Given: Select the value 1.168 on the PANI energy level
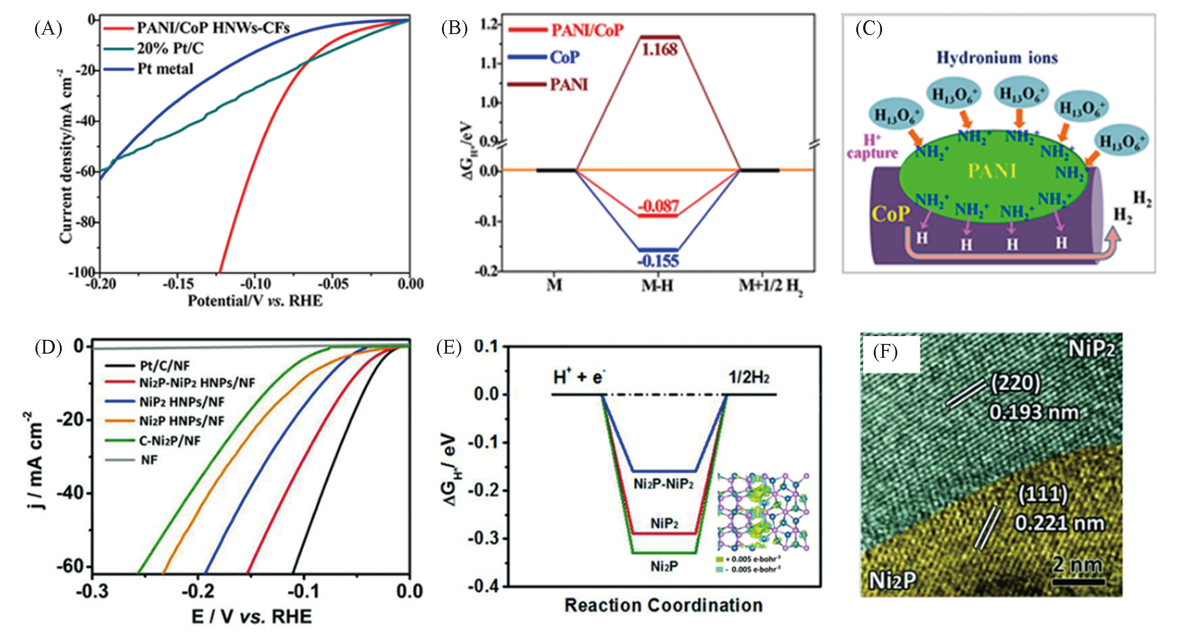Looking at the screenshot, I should pos(659,50).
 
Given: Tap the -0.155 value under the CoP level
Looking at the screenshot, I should pos(658,261).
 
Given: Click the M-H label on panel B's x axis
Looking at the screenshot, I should pos(658,286).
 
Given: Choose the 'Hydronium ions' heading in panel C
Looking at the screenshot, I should pos(997,58).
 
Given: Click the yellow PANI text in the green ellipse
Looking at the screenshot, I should pos(992,171).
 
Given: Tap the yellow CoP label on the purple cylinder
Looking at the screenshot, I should pos(891,214).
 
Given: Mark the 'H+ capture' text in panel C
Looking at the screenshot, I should pos(872,147).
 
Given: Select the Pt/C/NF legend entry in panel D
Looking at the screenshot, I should pos(165,366).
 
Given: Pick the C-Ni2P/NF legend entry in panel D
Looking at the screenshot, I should pos(170,441).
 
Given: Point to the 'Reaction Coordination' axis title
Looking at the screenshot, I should pos(664,605).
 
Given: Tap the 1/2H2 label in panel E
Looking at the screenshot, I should pos(749,378).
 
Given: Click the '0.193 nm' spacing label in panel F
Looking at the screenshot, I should pos(1034,412).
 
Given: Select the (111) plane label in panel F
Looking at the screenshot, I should pos(1042,495).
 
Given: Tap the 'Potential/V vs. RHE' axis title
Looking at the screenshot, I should pos(255,301).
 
